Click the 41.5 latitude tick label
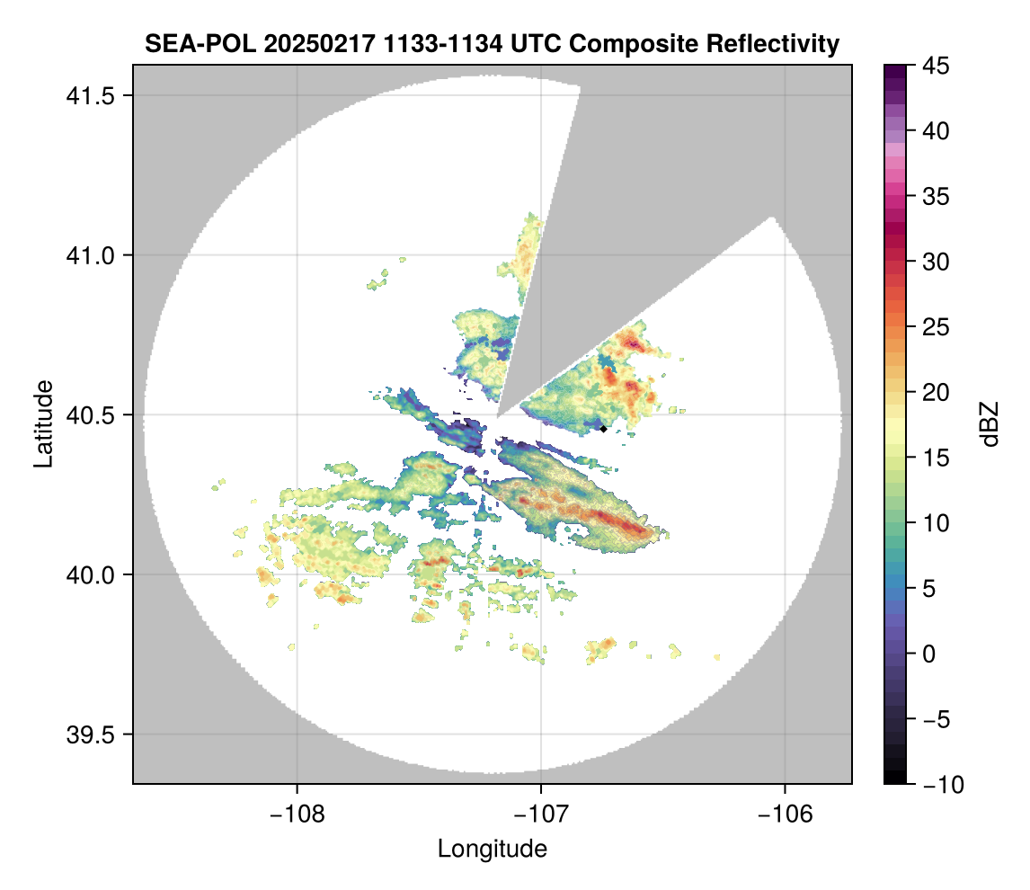[x=91, y=96]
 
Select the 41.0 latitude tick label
[x=91, y=255]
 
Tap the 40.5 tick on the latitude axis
[x=91, y=415]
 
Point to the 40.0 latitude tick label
[x=91, y=574]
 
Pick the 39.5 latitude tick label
[x=91, y=734]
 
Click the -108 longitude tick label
[x=297, y=814]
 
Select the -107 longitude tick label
[x=541, y=814]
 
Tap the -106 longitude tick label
[x=786, y=814]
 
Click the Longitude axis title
[x=492, y=850]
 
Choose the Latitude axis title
[x=43, y=423]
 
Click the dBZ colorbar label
[x=990, y=424]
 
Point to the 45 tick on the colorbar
[x=936, y=66]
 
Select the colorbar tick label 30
[x=936, y=263]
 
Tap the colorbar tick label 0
[x=928, y=654]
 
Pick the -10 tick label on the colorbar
[x=944, y=784]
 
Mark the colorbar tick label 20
[x=936, y=393]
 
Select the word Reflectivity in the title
[x=773, y=44]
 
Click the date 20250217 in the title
[x=319, y=44]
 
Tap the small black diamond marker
[x=603, y=429]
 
